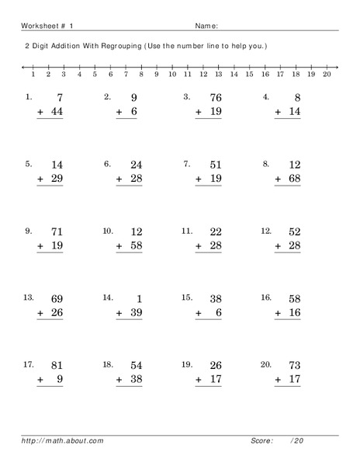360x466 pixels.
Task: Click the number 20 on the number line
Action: pyautogui.click(x=327, y=75)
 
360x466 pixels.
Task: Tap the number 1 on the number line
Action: pyautogui.click(x=33, y=75)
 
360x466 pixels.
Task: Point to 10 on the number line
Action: pyautogui.click(x=171, y=75)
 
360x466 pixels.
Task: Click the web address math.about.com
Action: pyautogui.click(x=64, y=441)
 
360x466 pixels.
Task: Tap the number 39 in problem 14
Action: pyautogui.click(x=134, y=312)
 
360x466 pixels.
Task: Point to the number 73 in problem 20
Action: pyautogui.click(x=292, y=365)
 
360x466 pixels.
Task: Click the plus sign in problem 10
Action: pyautogui.click(x=120, y=246)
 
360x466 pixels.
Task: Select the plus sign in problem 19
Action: pyautogui.click(x=199, y=381)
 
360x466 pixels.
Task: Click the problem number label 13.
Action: pyautogui.click(x=29, y=297)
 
